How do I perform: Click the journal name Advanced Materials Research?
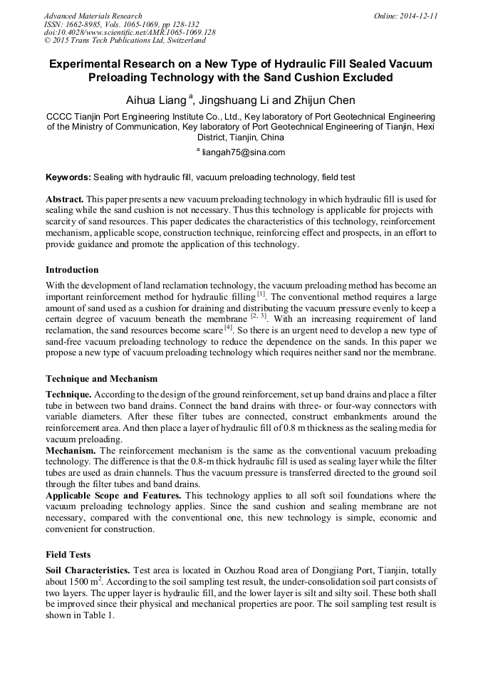[x=93, y=16]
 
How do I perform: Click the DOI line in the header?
[x=130, y=33]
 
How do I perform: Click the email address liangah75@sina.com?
[x=244, y=152]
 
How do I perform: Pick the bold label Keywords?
[x=68, y=177]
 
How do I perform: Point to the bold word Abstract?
[x=65, y=199]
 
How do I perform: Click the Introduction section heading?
[x=72, y=270]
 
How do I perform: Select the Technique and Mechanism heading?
[x=101, y=378]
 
